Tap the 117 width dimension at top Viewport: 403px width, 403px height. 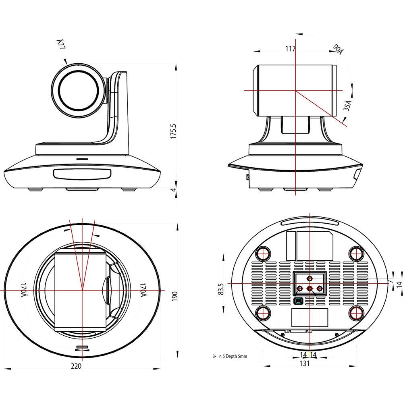290,49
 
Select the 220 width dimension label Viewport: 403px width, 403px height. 76,366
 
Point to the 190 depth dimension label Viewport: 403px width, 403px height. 174,296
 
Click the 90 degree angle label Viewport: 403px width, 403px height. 338,49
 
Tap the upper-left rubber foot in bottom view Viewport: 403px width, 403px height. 264,253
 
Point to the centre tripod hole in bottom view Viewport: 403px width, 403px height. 310,289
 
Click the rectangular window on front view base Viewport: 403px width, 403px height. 82,174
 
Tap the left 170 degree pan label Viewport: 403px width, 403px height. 25,290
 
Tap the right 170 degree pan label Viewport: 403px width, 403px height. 143,290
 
